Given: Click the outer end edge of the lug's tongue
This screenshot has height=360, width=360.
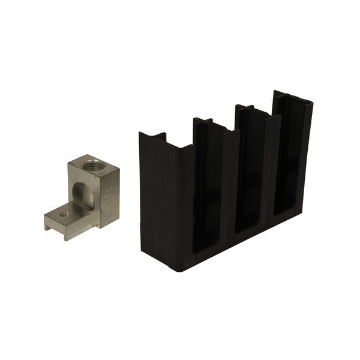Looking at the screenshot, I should [47, 221].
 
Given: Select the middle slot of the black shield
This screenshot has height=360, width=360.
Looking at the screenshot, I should [251, 174].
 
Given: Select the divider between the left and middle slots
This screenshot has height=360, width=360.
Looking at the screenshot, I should [229, 180].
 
